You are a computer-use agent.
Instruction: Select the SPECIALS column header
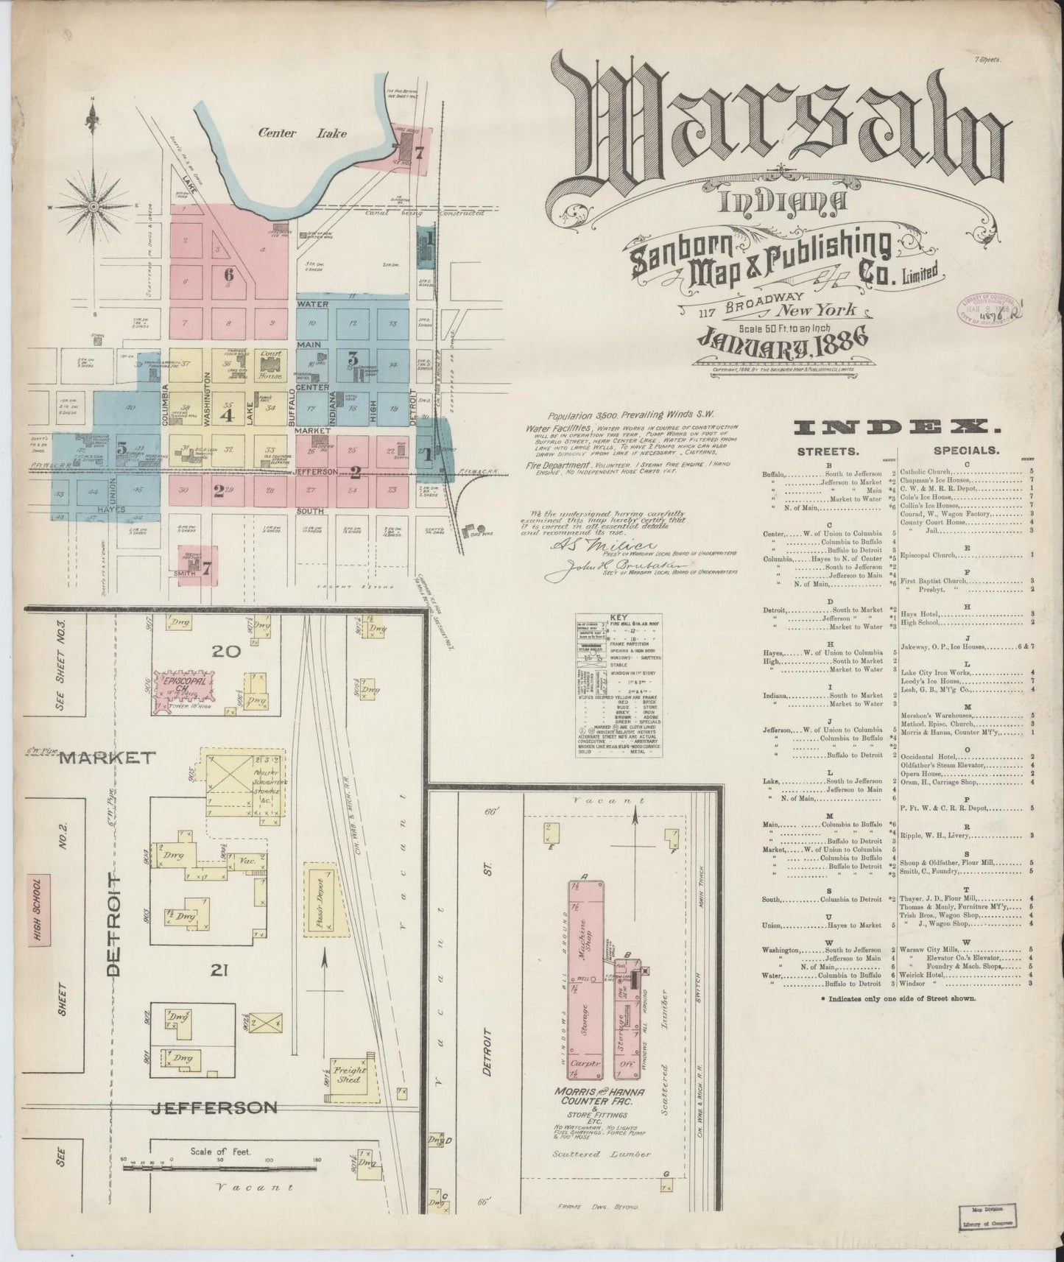pyautogui.click(x=965, y=449)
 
